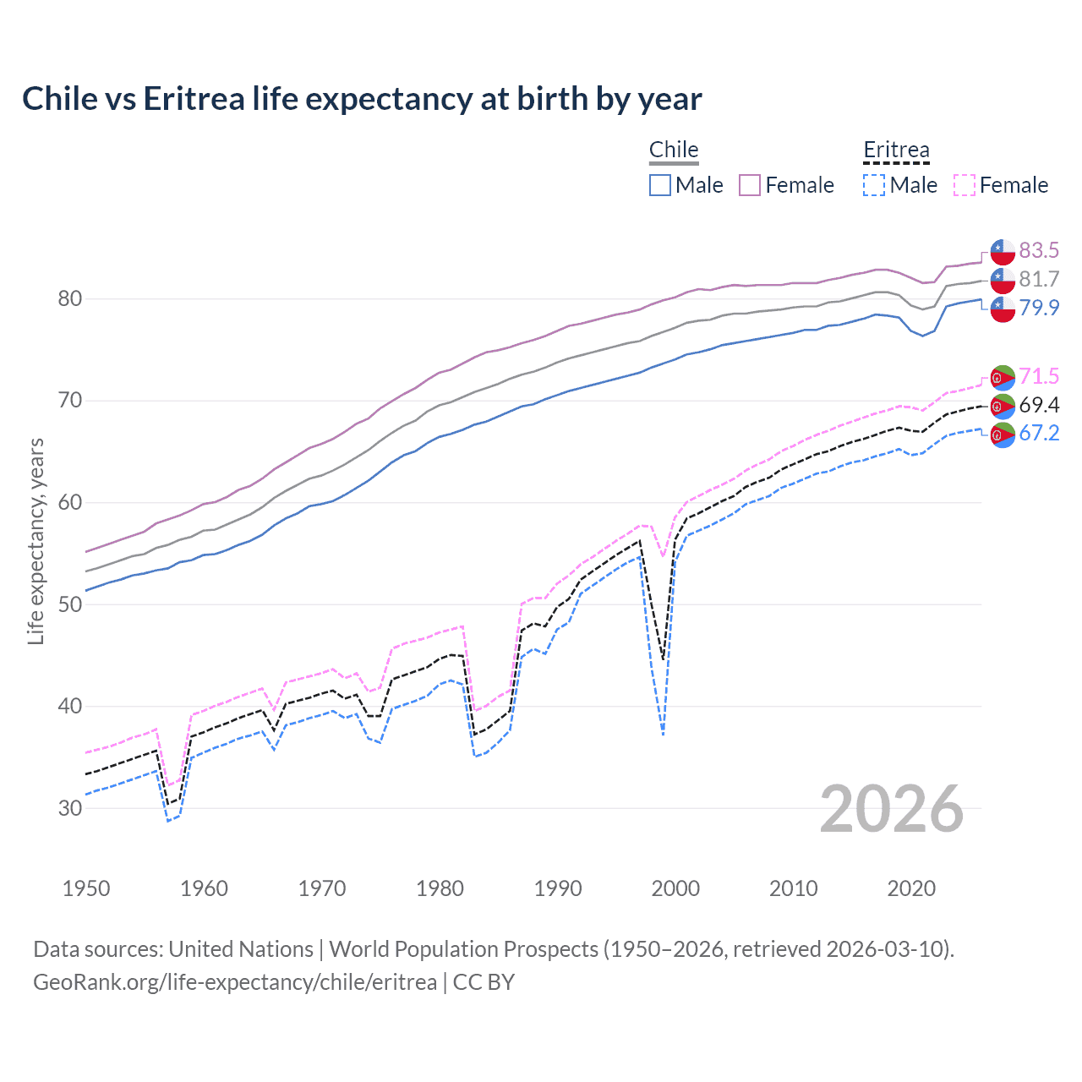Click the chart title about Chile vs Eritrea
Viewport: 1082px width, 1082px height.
(x=362, y=99)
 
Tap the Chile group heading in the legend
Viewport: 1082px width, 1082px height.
(x=674, y=150)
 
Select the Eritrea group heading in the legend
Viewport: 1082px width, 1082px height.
(x=896, y=150)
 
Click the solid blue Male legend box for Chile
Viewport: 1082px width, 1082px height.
(x=660, y=185)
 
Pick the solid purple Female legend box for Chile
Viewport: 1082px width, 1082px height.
(x=750, y=185)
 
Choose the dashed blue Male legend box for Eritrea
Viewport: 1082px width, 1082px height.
(x=874, y=185)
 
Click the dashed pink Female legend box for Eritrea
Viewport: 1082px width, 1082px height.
(x=965, y=185)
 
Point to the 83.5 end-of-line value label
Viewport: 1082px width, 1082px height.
(x=1039, y=250)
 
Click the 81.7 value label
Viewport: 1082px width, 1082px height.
(x=1039, y=279)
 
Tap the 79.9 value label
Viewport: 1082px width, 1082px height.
(x=1039, y=308)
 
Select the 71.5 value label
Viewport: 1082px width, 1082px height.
(x=1039, y=376)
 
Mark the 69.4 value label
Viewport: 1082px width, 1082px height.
(x=1039, y=405)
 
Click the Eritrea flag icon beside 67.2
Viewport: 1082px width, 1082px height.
(x=1003, y=434)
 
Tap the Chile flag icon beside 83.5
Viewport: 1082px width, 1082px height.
(x=1003, y=252)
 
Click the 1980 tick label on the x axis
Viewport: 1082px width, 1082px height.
(x=440, y=888)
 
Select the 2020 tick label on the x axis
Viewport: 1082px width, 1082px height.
(x=911, y=888)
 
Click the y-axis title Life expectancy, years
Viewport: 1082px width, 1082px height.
(x=36, y=541)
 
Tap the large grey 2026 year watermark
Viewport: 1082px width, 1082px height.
(x=892, y=809)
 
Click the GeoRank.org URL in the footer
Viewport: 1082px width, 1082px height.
(x=235, y=982)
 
